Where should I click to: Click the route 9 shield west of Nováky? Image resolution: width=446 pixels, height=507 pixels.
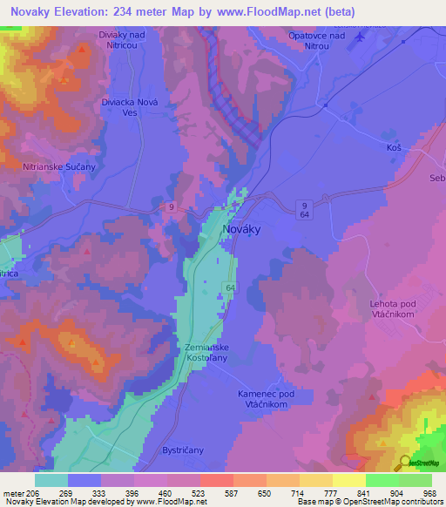(172, 207)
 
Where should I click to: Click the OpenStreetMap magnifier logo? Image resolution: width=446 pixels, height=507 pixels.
(404, 463)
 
